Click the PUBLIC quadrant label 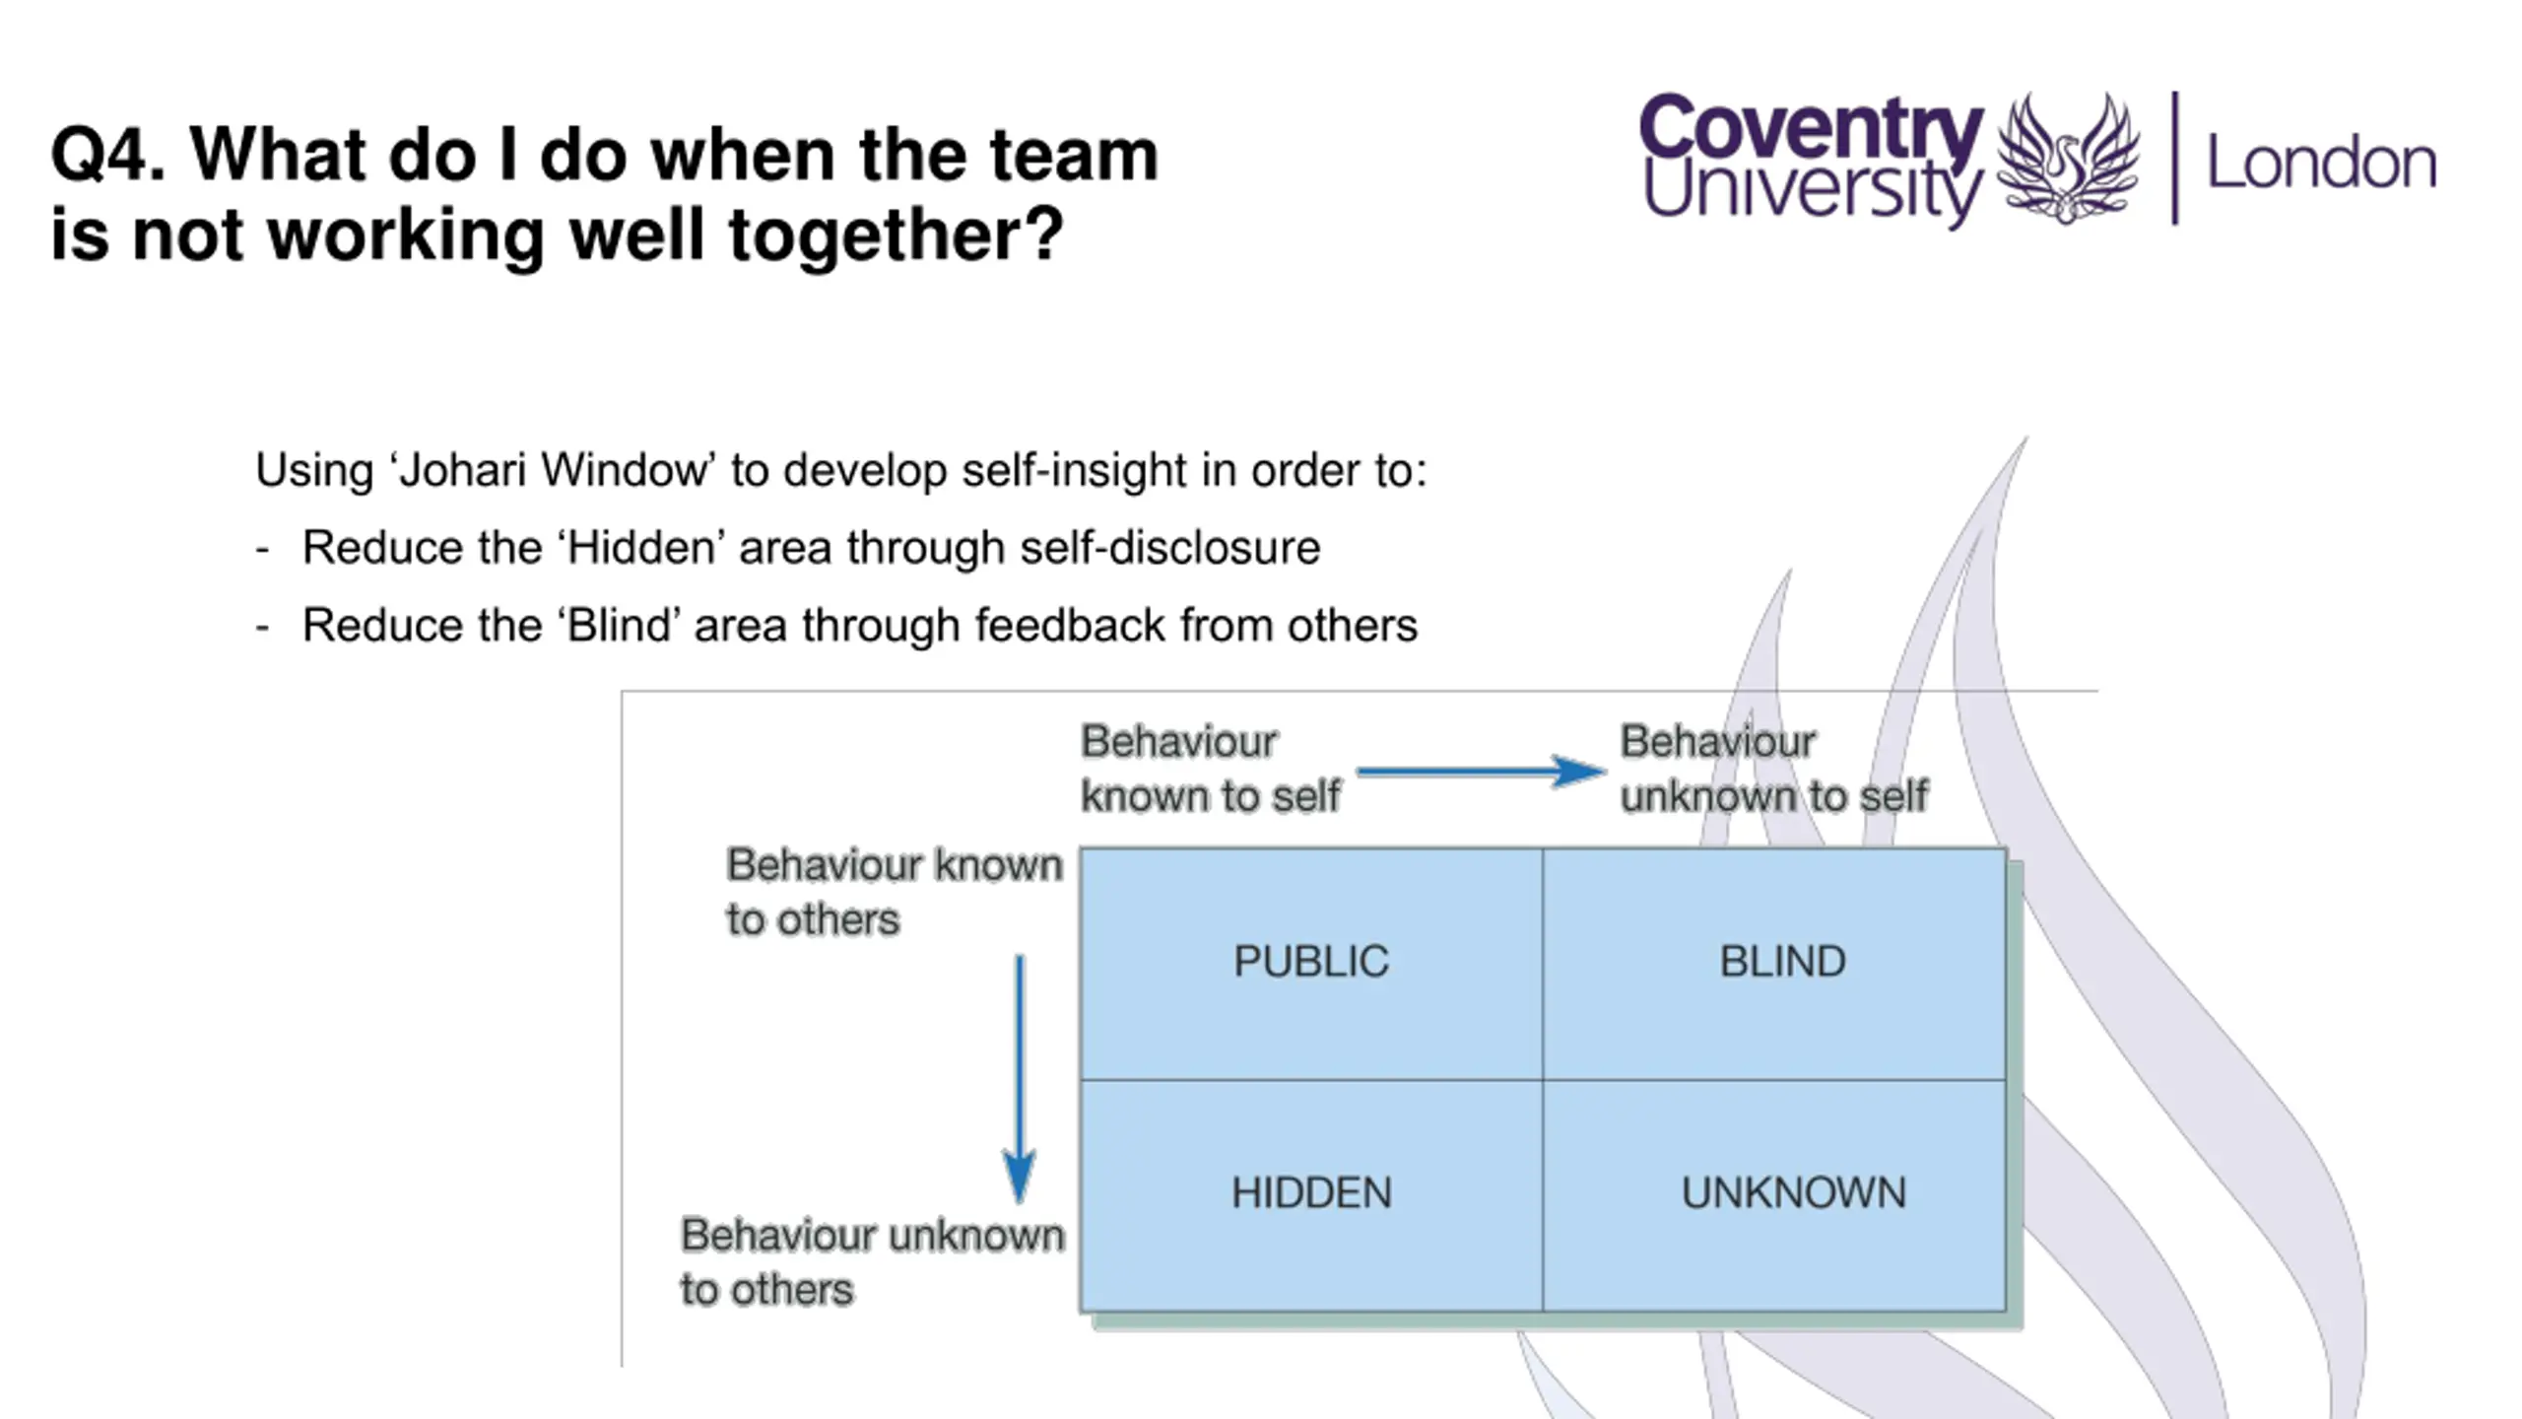[x=1310, y=962]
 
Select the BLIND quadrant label [x=1782, y=962]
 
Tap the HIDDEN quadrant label [x=1311, y=1193]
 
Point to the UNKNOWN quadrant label [x=1793, y=1193]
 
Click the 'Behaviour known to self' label [x=1210, y=769]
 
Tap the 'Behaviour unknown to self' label [x=1773, y=769]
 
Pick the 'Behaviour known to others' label [x=894, y=892]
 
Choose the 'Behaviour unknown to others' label [x=872, y=1262]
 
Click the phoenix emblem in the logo [x=2068, y=158]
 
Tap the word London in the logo [x=2321, y=163]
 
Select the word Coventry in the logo [x=1811, y=126]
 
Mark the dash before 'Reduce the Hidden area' [x=262, y=549]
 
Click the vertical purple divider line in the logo [x=2175, y=158]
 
